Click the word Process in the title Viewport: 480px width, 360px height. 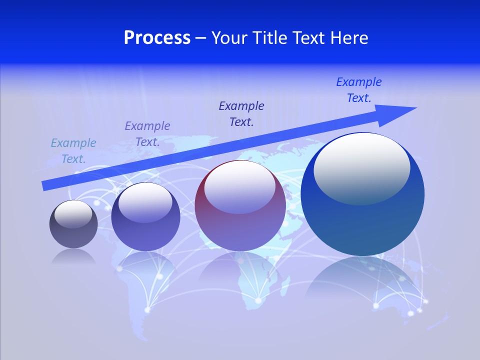157,38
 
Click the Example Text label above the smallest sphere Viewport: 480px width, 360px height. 73,151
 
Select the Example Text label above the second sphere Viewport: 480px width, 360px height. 147,134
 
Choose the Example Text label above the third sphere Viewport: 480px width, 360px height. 241,114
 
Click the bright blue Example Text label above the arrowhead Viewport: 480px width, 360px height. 359,90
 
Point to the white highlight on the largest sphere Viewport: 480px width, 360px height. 361,167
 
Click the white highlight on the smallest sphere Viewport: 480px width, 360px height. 73,213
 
